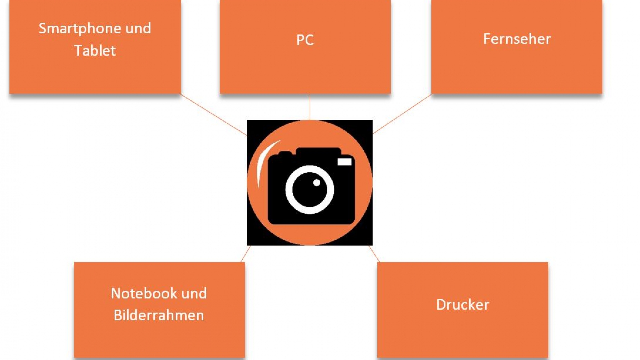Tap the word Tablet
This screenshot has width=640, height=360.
pyautogui.click(x=95, y=51)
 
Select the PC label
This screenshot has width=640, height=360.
pyautogui.click(x=305, y=40)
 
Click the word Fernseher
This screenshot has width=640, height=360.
pyautogui.click(x=517, y=39)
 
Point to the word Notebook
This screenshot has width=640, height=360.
pyautogui.click(x=143, y=293)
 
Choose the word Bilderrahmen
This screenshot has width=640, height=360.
pyautogui.click(x=159, y=315)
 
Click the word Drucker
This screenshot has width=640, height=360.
pyautogui.click(x=463, y=304)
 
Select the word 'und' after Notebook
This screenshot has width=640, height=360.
pyautogui.click(x=194, y=293)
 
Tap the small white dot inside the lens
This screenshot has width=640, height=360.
pyautogui.click(x=317, y=182)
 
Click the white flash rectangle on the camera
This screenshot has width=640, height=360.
pyautogui.click(x=344, y=162)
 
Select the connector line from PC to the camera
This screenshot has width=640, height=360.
pyautogui.click(x=310, y=107)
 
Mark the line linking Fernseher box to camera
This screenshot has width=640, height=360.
pyautogui.click(x=402, y=114)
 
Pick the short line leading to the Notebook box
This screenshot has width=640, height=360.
pyautogui.click(x=246, y=254)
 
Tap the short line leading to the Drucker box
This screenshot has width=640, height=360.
pyautogui.click(x=374, y=254)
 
